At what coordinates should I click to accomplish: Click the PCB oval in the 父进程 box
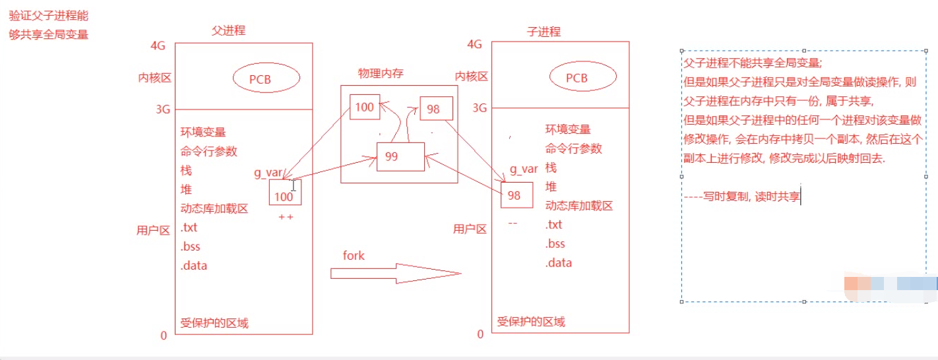[266, 78]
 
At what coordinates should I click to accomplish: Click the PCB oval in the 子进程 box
[583, 78]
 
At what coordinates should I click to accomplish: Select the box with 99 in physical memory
[400, 157]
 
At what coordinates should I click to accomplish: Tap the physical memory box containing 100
[365, 107]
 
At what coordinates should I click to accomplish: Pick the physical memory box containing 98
[435, 109]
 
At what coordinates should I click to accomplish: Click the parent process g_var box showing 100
[285, 194]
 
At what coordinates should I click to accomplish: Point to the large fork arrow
[394, 273]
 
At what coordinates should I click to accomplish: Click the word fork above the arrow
[354, 255]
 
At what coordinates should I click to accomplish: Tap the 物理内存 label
[381, 74]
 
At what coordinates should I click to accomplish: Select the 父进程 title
[228, 31]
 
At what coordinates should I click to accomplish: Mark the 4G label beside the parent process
[158, 45]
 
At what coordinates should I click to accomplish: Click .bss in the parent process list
[190, 247]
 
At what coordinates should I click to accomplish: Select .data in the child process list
[558, 263]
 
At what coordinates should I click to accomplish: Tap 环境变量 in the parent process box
[203, 132]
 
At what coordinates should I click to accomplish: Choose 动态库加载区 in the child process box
[579, 206]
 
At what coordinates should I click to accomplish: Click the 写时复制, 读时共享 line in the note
[751, 196]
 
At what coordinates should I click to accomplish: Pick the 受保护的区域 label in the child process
[531, 322]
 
